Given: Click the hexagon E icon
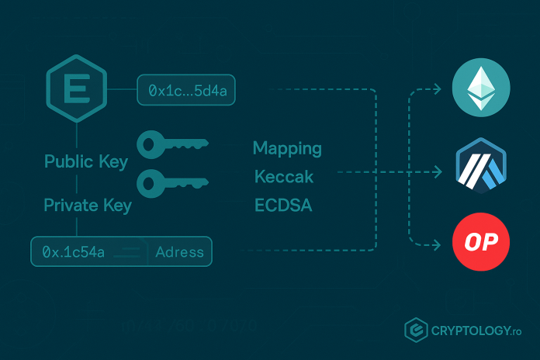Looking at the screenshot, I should tap(76, 90).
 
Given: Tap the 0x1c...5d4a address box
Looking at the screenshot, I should tap(186, 91).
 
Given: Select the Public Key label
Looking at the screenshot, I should tap(86, 162).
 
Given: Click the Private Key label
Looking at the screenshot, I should tap(88, 206).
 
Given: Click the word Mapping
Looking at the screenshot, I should tap(287, 148).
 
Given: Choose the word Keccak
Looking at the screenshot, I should tap(284, 177).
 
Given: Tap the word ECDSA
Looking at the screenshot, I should tap(283, 206).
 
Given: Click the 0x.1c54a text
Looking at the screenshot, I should tap(74, 252).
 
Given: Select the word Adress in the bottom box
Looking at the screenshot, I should tap(179, 252).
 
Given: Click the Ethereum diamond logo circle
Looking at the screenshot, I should tap(481, 88).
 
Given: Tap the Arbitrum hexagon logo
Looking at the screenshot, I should tap(481, 167).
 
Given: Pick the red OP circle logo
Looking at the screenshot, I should tap(481, 243).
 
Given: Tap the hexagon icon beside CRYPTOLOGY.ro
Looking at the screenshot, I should tap(417, 330).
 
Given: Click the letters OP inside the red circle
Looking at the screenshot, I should tap(481, 244).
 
